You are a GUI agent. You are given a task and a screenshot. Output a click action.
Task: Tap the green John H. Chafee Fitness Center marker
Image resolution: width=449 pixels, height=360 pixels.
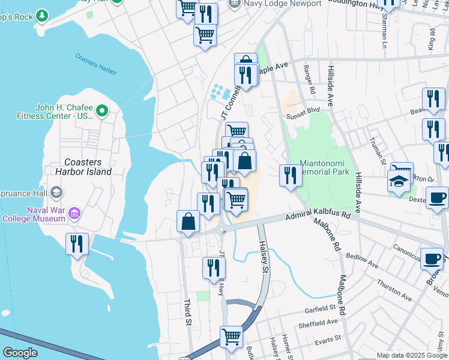[101, 111]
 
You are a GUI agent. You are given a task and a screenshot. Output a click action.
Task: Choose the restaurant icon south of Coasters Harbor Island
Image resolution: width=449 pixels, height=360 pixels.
[77, 244]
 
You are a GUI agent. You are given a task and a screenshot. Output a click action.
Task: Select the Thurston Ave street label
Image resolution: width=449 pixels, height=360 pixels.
[394, 290]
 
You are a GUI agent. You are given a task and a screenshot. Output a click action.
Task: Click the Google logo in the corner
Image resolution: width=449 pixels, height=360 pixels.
[20, 353]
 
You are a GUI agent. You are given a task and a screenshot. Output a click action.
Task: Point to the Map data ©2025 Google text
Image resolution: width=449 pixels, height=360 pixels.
[412, 355]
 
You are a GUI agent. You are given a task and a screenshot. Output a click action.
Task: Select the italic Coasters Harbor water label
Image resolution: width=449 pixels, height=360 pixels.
[96, 64]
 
